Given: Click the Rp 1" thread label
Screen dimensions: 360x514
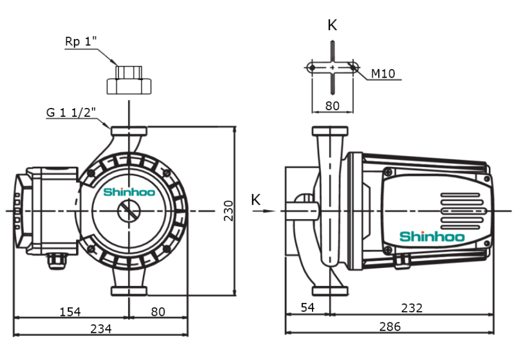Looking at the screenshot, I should pos(81,42).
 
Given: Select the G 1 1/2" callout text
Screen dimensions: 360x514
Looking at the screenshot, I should pos(71,112).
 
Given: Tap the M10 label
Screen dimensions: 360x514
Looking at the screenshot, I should pos(382,74).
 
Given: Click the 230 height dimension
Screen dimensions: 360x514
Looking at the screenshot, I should pos(229,211).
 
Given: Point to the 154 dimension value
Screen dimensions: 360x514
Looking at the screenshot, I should pos(70,311).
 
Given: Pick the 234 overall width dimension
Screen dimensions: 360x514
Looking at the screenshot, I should pos(101,328).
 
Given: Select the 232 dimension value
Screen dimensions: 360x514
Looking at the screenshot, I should pos(412,308).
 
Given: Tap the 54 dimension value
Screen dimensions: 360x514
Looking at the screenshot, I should pos(307,308).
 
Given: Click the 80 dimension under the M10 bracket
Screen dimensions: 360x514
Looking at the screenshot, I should pos(333,105).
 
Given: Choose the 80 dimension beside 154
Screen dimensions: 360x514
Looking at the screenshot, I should pos(158,311).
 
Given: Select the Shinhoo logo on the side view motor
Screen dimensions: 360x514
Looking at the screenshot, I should pos(432,237).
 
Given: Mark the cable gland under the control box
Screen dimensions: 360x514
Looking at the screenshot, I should pos(57,262).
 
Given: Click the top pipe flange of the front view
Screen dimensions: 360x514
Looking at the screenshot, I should pos(129,131).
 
